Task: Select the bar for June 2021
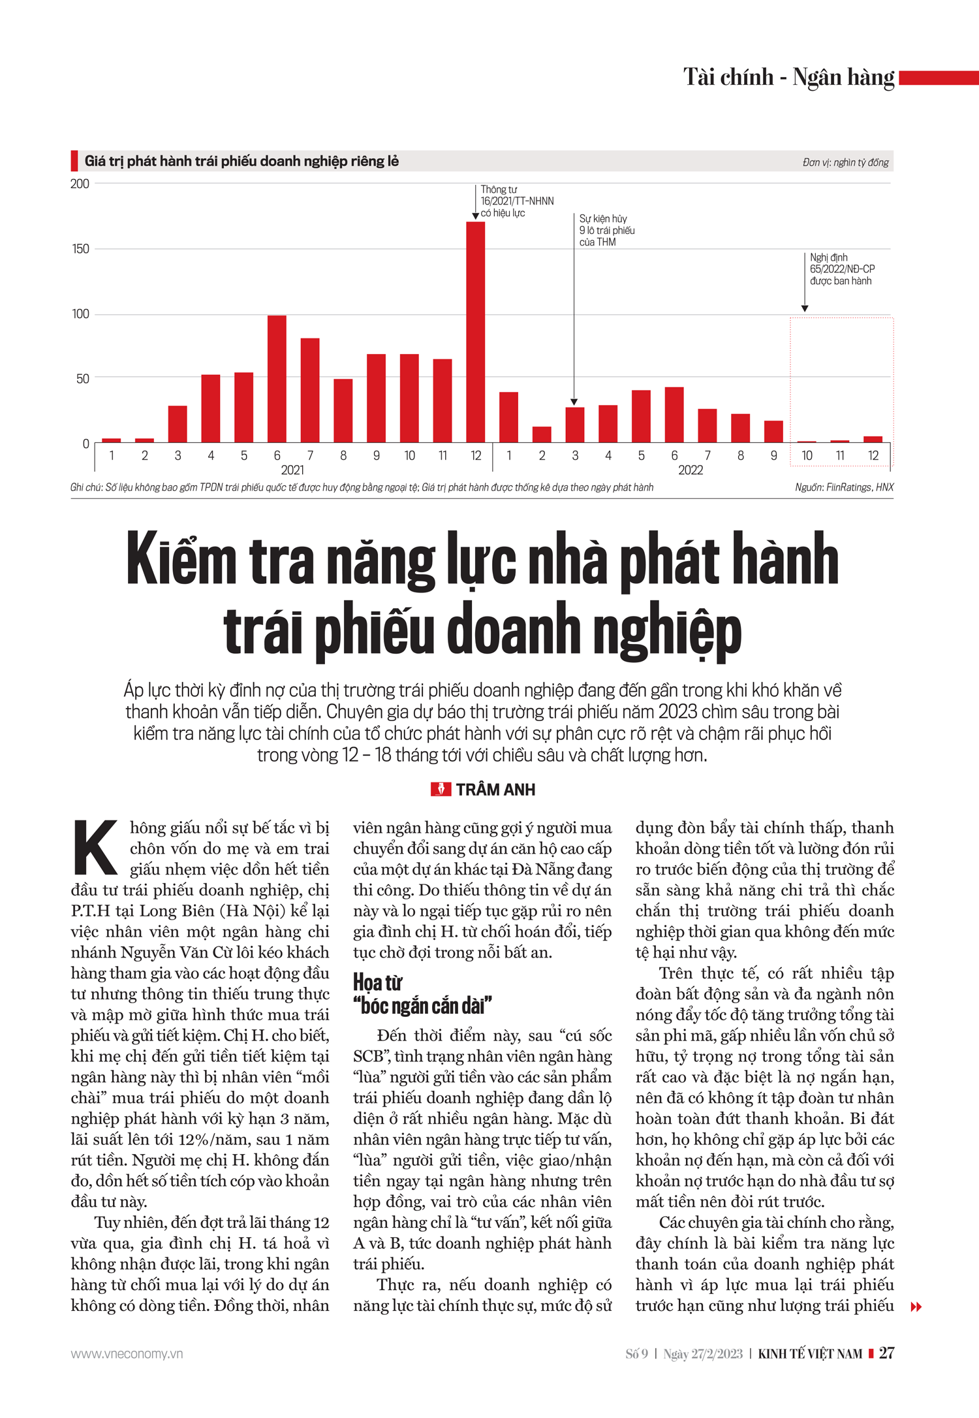pyautogui.click(x=277, y=379)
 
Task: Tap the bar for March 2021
pyautogui.click(x=178, y=424)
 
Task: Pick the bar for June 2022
pyautogui.click(x=674, y=415)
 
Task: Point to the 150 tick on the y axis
pyautogui.click(x=81, y=249)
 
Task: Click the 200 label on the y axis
pyautogui.click(x=80, y=184)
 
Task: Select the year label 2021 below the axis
pyautogui.click(x=292, y=470)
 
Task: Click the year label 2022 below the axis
pyautogui.click(x=691, y=470)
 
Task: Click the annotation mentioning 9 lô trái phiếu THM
pyautogui.click(x=607, y=231)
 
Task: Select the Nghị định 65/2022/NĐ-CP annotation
pyautogui.click(x=842, y=269)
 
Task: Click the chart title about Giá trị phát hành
pyautogui.click(x=241, y=161)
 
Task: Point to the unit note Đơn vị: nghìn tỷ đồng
pyautogui.click(x=845, y=163)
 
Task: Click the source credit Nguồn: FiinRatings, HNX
pyautogui.click(x=844, y=487)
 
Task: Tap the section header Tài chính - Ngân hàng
pyautogui.click(x=788, y=77)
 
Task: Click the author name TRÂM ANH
pyautogui.click(x=495, y=790)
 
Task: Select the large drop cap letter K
pyautogui.click(x=95, y=847)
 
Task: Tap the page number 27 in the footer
pyautogui.click(x=886, y=1353)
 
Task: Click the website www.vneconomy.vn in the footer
pyautogui.click(x=127, y=1354)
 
